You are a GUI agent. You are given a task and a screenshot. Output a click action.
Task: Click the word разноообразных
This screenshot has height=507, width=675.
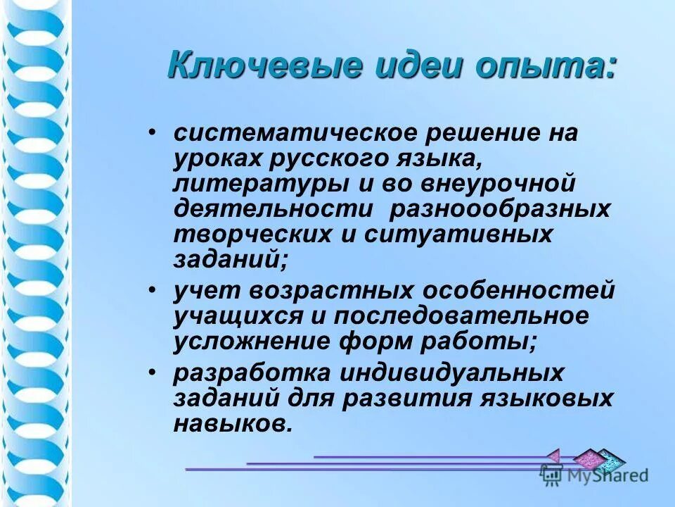pos(500,210)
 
